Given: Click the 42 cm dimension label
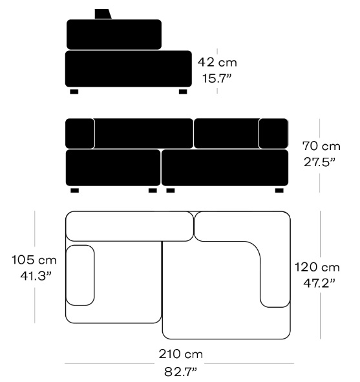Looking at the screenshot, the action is coord(217,62).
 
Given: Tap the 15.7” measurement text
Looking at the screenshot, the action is coord(217,78).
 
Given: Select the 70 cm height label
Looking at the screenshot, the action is coord(321,146).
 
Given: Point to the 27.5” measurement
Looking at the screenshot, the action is coord(319,162).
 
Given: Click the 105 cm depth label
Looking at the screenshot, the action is coord(34,260).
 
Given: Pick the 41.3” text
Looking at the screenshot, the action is coord(36,276).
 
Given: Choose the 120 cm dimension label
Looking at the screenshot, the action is coord(317,267).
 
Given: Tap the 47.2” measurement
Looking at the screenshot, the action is coord(319,283).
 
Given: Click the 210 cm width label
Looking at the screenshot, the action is coord(180,354).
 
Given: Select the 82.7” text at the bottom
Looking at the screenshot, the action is coord(180,372).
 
